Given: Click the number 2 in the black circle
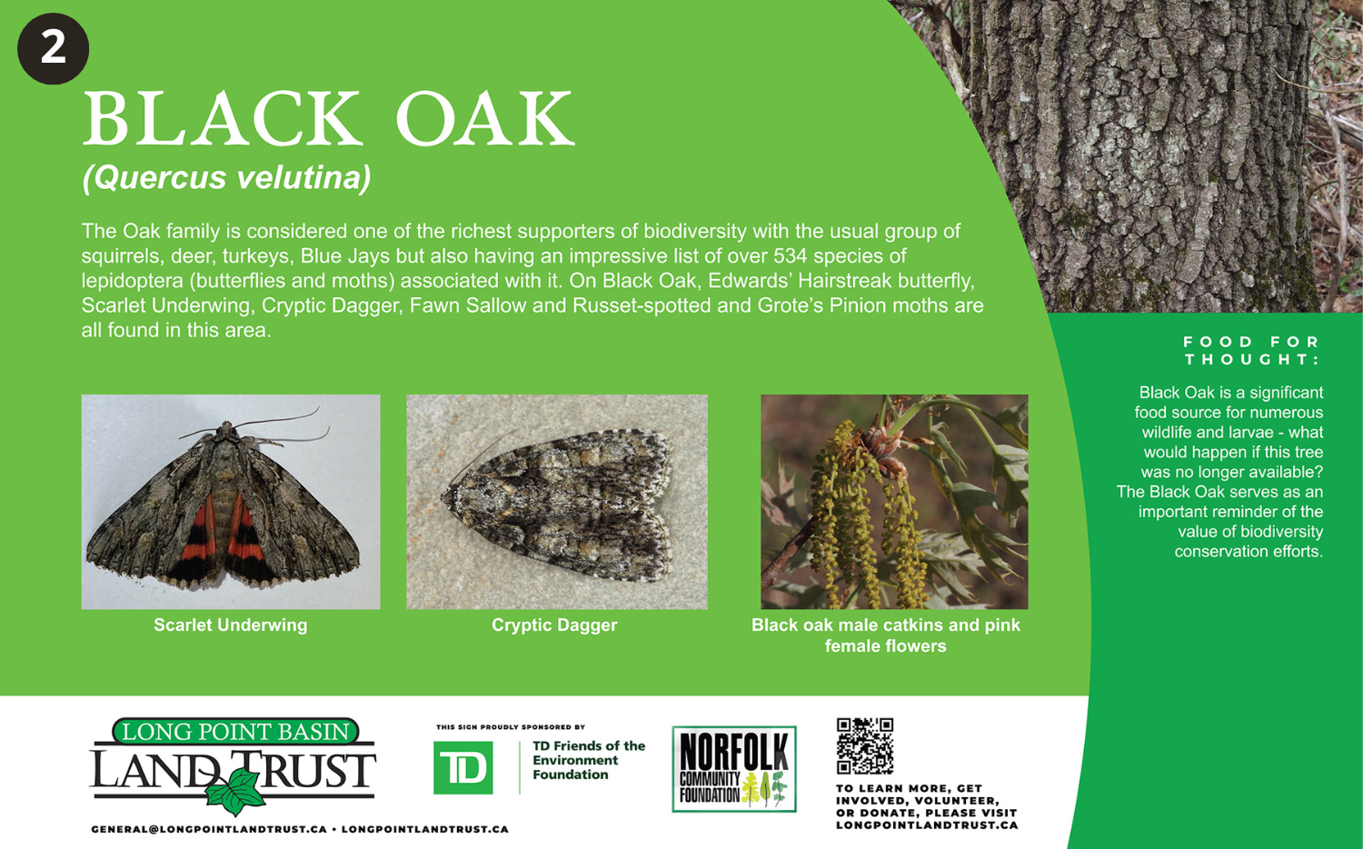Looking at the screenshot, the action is (53, 48).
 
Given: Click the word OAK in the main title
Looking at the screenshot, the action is (485, 118).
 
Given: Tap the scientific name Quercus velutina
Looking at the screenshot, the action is (226, 178).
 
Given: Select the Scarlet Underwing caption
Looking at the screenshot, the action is (231, 625).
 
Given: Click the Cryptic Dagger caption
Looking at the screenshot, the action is (554, 625).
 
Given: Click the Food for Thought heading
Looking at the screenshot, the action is (1251, 351).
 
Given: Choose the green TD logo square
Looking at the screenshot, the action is (463, 767).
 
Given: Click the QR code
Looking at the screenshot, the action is (865, 745).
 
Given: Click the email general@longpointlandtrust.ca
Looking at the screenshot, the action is (209, 830).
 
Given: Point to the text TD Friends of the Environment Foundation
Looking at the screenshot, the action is (589, 760).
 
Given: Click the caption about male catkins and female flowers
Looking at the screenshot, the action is (885, 635).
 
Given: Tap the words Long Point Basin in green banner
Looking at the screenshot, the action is (235, 732).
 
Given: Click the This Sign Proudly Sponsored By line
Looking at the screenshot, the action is (511, 727).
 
